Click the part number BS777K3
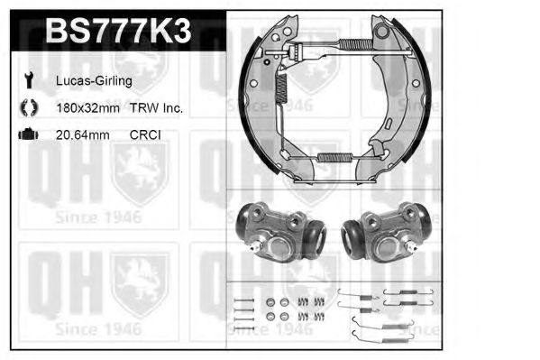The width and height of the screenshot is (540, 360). (118, 31)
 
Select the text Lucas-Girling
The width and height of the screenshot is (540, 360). (94, 81)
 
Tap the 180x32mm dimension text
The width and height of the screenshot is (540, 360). (87, 108)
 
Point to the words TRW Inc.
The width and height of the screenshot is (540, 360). (156, 108)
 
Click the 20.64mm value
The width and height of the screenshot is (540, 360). (83, 134)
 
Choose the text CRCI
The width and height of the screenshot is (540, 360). (145, 134)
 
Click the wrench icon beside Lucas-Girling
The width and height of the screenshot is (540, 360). (29, 79)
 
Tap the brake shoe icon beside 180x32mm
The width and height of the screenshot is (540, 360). (29, 107)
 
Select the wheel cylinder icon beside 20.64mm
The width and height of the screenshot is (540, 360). (29, 134)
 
